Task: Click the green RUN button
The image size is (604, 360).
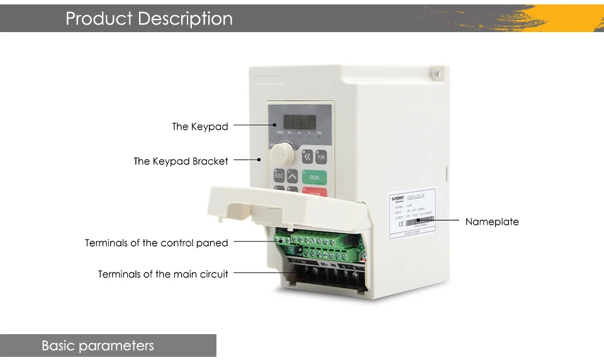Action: click(314, 177)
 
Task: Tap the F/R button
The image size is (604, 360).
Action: click(321, 157)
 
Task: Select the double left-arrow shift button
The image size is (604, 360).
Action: click(307, 157)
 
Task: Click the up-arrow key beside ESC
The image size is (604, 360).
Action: click(293, 175)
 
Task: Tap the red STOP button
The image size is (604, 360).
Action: click(314, 193)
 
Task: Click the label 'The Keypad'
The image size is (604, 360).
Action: click(200, 127)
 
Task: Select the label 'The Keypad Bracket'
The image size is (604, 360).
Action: click(181, 161)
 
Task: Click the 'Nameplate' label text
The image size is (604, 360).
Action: click(492, 222)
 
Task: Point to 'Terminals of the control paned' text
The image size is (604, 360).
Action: click(157, 243)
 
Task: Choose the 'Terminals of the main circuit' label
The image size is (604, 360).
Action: click(163, 274)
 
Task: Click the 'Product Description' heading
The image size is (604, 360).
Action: click(149, 18)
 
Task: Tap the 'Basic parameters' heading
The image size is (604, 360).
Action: click(98, 346)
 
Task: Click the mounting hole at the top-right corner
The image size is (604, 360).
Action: click(434, 74)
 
